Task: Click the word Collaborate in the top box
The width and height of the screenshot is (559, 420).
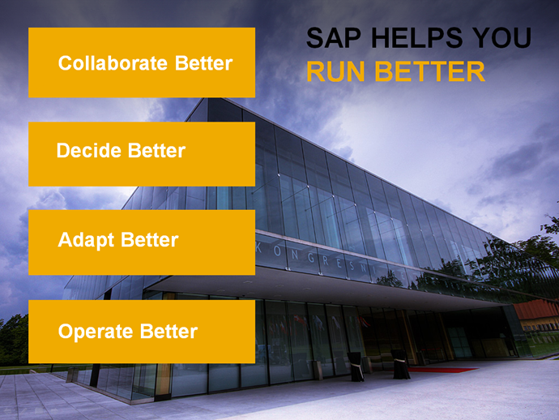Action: click(113, 63)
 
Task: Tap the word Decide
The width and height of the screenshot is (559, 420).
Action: click(89, 150)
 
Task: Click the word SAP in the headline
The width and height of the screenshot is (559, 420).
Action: click(334, 38)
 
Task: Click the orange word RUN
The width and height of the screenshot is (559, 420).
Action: click(335, 71)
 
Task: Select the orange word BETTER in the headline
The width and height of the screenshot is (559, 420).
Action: click(429, 71)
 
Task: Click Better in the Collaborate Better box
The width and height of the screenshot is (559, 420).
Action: click(203, 63)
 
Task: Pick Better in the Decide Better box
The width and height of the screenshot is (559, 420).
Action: click(156, 150)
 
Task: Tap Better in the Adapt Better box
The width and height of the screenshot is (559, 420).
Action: click(150, 239)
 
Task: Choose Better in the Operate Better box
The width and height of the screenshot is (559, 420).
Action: click(169, 331)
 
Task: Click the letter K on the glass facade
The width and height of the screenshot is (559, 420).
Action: click(259, 248)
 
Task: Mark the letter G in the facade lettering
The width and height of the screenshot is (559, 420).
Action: click(310, 258)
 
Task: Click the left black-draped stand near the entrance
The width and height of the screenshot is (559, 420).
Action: click(356, 366)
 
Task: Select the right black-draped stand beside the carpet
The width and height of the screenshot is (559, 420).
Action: click(400, 364)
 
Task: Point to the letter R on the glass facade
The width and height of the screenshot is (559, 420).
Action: click(326, 261)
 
